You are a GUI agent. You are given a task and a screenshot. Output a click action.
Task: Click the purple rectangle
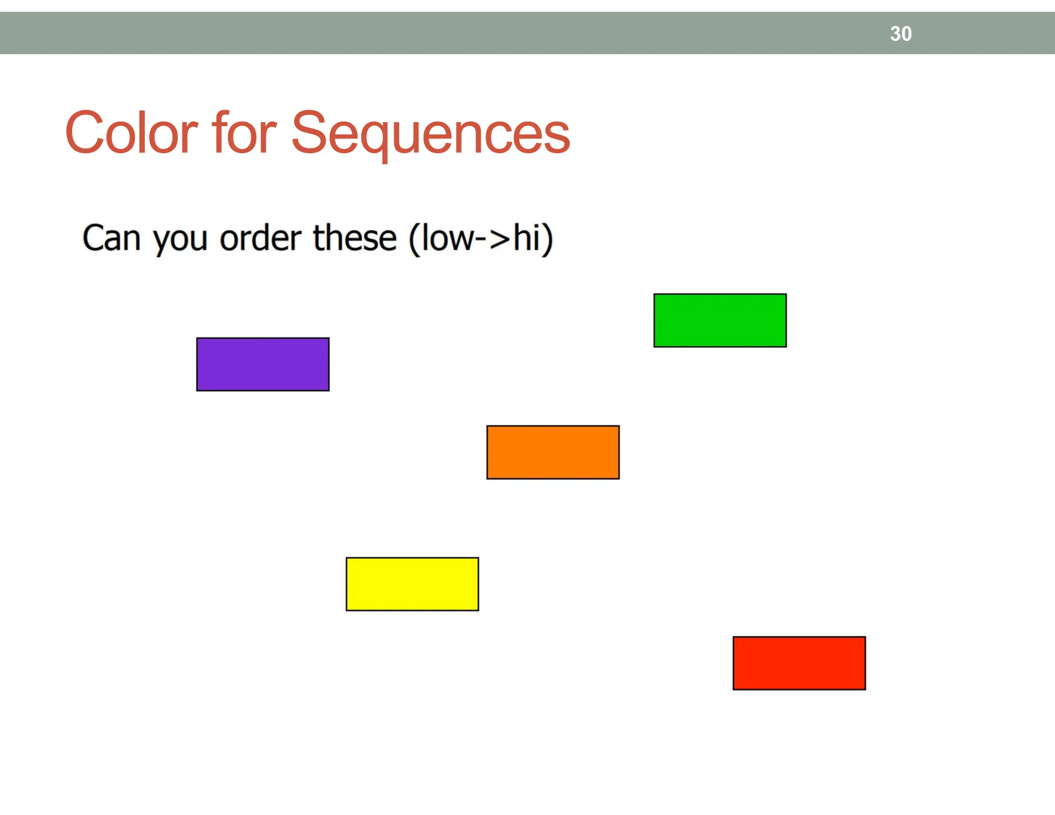[x=263, y=364]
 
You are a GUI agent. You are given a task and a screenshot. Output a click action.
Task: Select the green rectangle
[x=720, y=320]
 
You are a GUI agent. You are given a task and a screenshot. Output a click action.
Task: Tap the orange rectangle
[x=553, y=452]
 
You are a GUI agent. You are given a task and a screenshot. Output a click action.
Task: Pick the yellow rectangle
[x=412, y=584]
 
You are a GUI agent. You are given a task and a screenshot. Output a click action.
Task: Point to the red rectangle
[x=799, y=663]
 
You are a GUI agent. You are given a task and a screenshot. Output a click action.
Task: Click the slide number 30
[x=900, y=34]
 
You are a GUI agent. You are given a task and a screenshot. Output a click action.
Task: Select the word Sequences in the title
[x=431, y=134]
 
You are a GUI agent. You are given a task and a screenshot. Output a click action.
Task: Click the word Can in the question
[x=111, y=239]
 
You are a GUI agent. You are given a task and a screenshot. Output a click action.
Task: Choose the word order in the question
[x=261, y=239]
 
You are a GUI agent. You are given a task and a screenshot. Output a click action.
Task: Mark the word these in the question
[x=355, y=239]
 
